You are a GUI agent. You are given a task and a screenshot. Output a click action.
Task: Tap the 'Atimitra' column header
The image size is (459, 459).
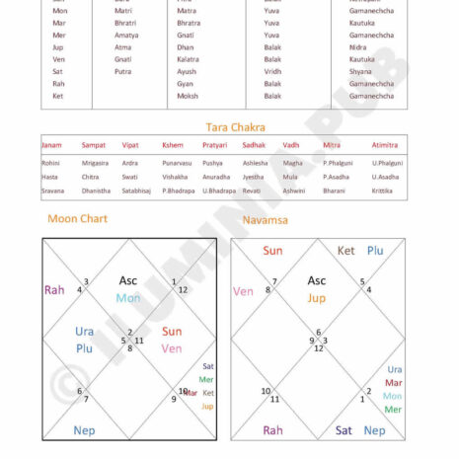click(x=385, y=145)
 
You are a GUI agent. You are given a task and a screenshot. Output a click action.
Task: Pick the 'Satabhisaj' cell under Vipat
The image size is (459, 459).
click(x=137, y=191)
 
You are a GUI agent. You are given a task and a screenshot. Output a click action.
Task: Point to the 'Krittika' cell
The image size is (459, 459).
click(x=382, y=191)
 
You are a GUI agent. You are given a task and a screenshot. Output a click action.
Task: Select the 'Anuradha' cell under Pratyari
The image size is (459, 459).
click(x=216, y=177)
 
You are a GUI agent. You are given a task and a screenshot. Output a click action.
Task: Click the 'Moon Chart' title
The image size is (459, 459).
click(x=78, y=218)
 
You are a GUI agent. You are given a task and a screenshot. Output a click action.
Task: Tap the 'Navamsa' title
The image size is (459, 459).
click(x=266, y=219)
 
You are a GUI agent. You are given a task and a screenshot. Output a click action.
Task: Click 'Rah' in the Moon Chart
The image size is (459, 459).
click(x=54, y=290)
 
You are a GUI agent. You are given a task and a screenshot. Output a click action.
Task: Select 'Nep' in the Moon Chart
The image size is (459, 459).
click(x=85, y=430)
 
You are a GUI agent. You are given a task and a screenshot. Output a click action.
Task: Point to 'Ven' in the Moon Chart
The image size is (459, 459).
click(x=172, y=348)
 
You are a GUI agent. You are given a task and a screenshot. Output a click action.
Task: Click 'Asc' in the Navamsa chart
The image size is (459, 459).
click(x=316, y=280)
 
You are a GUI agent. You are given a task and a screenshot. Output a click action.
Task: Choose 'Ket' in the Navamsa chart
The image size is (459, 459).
click(x=346, y=251)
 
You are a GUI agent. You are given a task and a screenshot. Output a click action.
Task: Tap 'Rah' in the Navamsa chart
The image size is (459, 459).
click(x=272, y=430)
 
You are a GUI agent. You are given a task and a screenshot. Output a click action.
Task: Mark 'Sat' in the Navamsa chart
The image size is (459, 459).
click(x=344, y=430)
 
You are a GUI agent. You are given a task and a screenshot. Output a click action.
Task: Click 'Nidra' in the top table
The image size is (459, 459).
click(x=356, y=46)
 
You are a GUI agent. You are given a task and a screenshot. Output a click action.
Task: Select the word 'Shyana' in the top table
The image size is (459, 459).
click(x=360, y=71)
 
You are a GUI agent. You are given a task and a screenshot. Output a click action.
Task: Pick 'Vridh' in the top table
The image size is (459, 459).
click(x=273, y=71)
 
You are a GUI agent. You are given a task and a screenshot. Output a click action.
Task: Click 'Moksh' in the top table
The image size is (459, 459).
click(x=188, y=96)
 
